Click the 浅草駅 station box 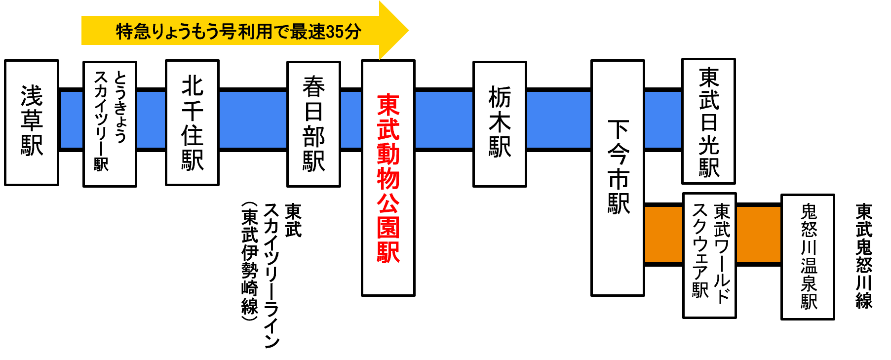tap(32, 122)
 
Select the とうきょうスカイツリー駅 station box tap(110, 123)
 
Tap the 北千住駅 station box tap(192, 122)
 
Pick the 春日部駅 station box tap(313, 123)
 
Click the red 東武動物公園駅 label tap(388, 178)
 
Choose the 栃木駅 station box tap(500, 123)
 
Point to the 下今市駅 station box tap(618, 178)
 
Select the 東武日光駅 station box tap(708, 121)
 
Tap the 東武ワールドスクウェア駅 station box tap(709, 255)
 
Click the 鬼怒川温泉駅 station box tap(808, 257)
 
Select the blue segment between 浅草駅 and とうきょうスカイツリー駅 tap(72, 120)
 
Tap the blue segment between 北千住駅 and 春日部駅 tap(253, 120)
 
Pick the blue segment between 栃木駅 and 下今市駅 tap(558, 120)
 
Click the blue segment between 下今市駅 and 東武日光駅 tap(663, 120)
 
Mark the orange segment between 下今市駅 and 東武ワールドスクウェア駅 tap(663, 235)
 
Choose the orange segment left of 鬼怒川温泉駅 tap(758, 235)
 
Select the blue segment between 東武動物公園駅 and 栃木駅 tap(444, 120)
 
